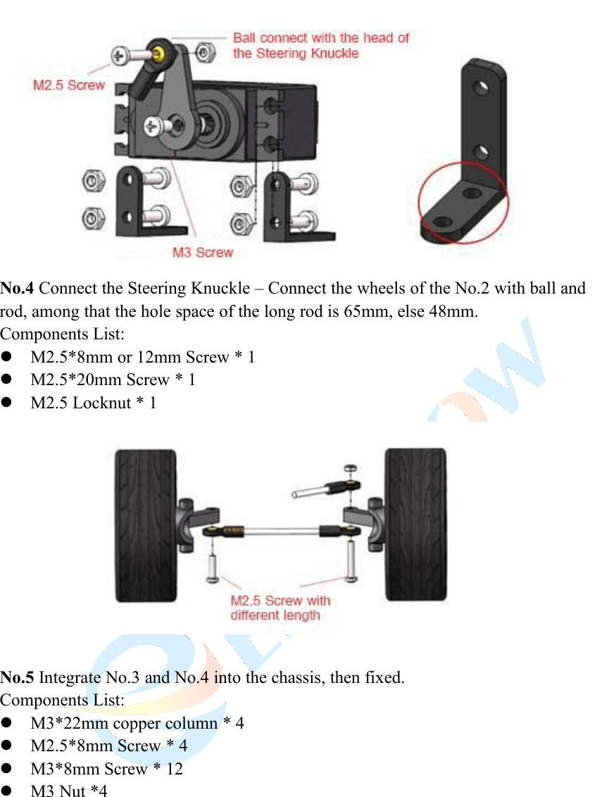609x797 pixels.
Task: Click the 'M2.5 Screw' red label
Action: click(69, 85)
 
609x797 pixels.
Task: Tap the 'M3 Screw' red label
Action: click(203, 252)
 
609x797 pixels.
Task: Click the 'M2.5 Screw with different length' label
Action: click(280, 608)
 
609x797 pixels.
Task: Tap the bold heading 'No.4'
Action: click(18, 289)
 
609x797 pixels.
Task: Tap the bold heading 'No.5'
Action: click(18, 678)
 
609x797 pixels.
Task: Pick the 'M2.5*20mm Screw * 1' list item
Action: click(113, 380)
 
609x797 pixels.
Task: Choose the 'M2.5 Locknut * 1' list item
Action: click(94, 403)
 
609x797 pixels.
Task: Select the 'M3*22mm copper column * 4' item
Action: click(137, 723)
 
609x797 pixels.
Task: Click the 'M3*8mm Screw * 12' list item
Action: click(106, 769)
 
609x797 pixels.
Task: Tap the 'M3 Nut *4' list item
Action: click(69, 791)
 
